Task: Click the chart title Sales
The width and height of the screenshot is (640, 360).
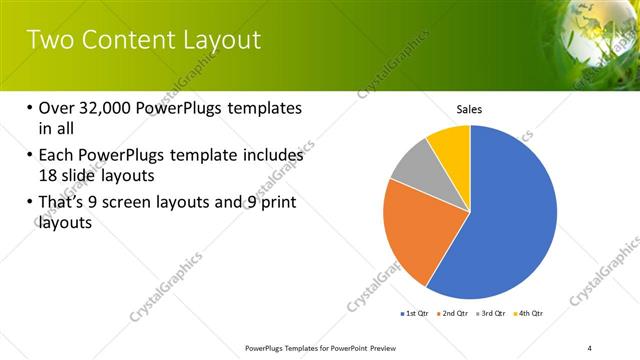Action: click(x=469, y=109)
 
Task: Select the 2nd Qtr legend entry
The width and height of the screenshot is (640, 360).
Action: click(x=454, y=314)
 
